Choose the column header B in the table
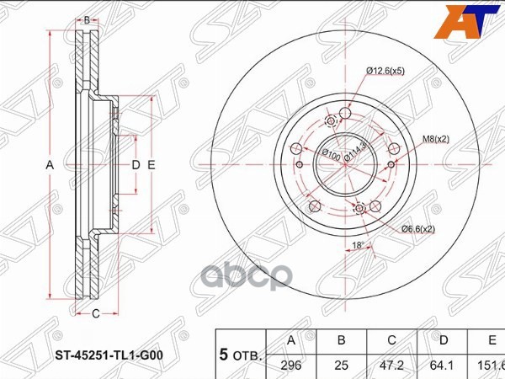[342, 340]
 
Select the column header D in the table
[441, 340]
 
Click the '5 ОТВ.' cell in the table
[241, 354]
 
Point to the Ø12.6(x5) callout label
[385, 71]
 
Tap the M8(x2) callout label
[435, 139]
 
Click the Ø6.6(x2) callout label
[417, 228]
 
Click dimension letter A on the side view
[50, 165]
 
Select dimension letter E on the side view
[151, 165]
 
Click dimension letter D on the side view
[135, 165]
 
